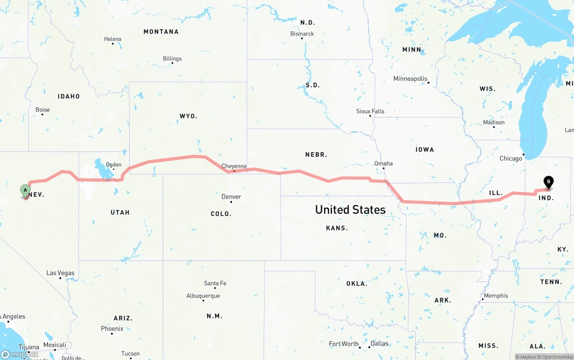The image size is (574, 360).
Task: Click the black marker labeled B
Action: tap(548, 182)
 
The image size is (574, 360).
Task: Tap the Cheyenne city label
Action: tap(234, 166)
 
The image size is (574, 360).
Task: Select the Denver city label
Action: tap(231, 197)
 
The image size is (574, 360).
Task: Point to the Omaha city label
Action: tap(383, 164)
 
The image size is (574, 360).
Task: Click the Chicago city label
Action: tap(511, 158)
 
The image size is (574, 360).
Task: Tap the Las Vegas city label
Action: tap(61, 273)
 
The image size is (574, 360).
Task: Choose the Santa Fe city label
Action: tap(215, 283)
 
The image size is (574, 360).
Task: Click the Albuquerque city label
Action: tap(203, 296)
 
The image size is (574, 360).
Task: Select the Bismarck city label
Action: tap(302, 34)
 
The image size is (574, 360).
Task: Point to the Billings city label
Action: tap(172, 59)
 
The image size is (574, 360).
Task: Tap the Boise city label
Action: tap(43, 110)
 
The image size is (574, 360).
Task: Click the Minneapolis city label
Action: tap(410, 79)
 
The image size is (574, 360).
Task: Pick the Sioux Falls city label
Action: tap(370, 111)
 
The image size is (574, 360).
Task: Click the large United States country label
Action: tap(350, 209)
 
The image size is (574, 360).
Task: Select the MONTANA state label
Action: tap(161, 32)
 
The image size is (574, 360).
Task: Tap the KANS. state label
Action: tap(337, 228)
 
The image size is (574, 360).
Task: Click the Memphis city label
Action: tap(496, 296)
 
